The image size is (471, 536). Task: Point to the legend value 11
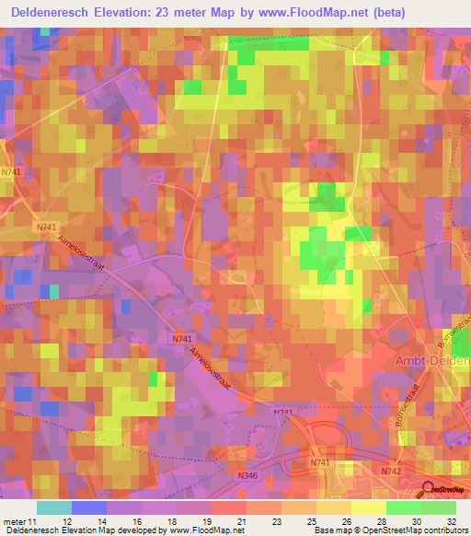[35, 520]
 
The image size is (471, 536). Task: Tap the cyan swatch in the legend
[54, 507]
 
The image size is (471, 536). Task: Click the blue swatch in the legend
[89, 507]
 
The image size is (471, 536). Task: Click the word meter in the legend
[15, 520]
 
